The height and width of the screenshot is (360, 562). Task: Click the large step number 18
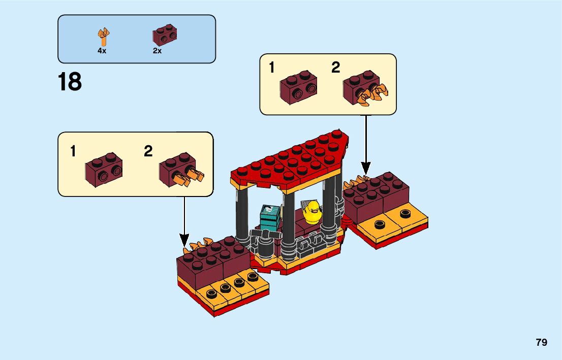click(x=70, y=82)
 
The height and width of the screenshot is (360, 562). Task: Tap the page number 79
click(x=541, y=342)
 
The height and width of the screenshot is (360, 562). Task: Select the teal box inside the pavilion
click(x=270, y=218)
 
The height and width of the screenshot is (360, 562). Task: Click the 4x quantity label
click(x=102, y=51)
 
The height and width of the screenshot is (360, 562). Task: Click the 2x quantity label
click(x=157, y=51)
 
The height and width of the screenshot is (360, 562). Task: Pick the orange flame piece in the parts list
click(x=104, y=37)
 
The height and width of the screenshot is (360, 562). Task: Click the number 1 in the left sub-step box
click(x=73, y=151)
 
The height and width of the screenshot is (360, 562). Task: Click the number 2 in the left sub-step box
click(x=148, y=151)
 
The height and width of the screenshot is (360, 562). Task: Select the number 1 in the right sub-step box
click(x=272, y=68)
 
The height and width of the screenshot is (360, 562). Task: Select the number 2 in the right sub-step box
click(x=335, y=68)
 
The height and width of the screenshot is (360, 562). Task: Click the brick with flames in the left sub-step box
click(x=180, y=170)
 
